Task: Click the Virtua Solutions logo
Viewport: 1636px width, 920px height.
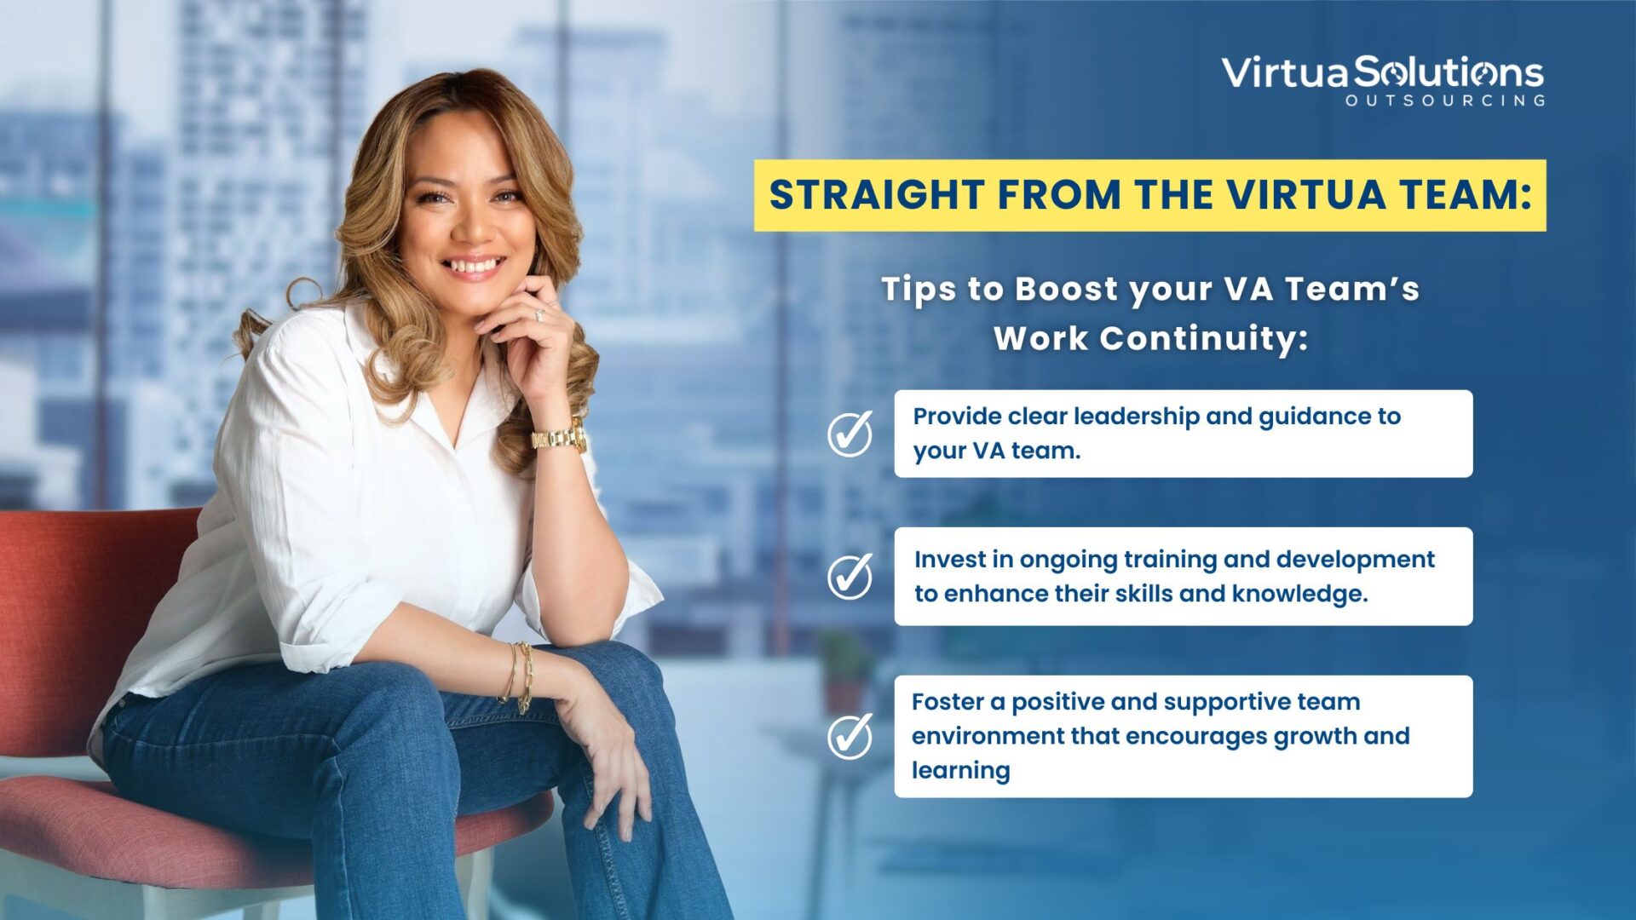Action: (x=1382, y=80)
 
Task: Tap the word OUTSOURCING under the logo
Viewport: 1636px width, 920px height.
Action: (x=1444, y=101)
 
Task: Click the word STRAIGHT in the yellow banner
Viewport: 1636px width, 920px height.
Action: (x=877, y=195)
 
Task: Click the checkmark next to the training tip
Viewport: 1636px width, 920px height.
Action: (x=850, y=576)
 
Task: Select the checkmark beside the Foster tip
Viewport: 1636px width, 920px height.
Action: (x=850, y=735)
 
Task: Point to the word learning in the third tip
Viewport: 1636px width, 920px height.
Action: (x=960, y=770)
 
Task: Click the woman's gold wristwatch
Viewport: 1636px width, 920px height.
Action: (x=560, y=438)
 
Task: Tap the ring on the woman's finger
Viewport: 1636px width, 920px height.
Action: (x=539, y=315)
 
